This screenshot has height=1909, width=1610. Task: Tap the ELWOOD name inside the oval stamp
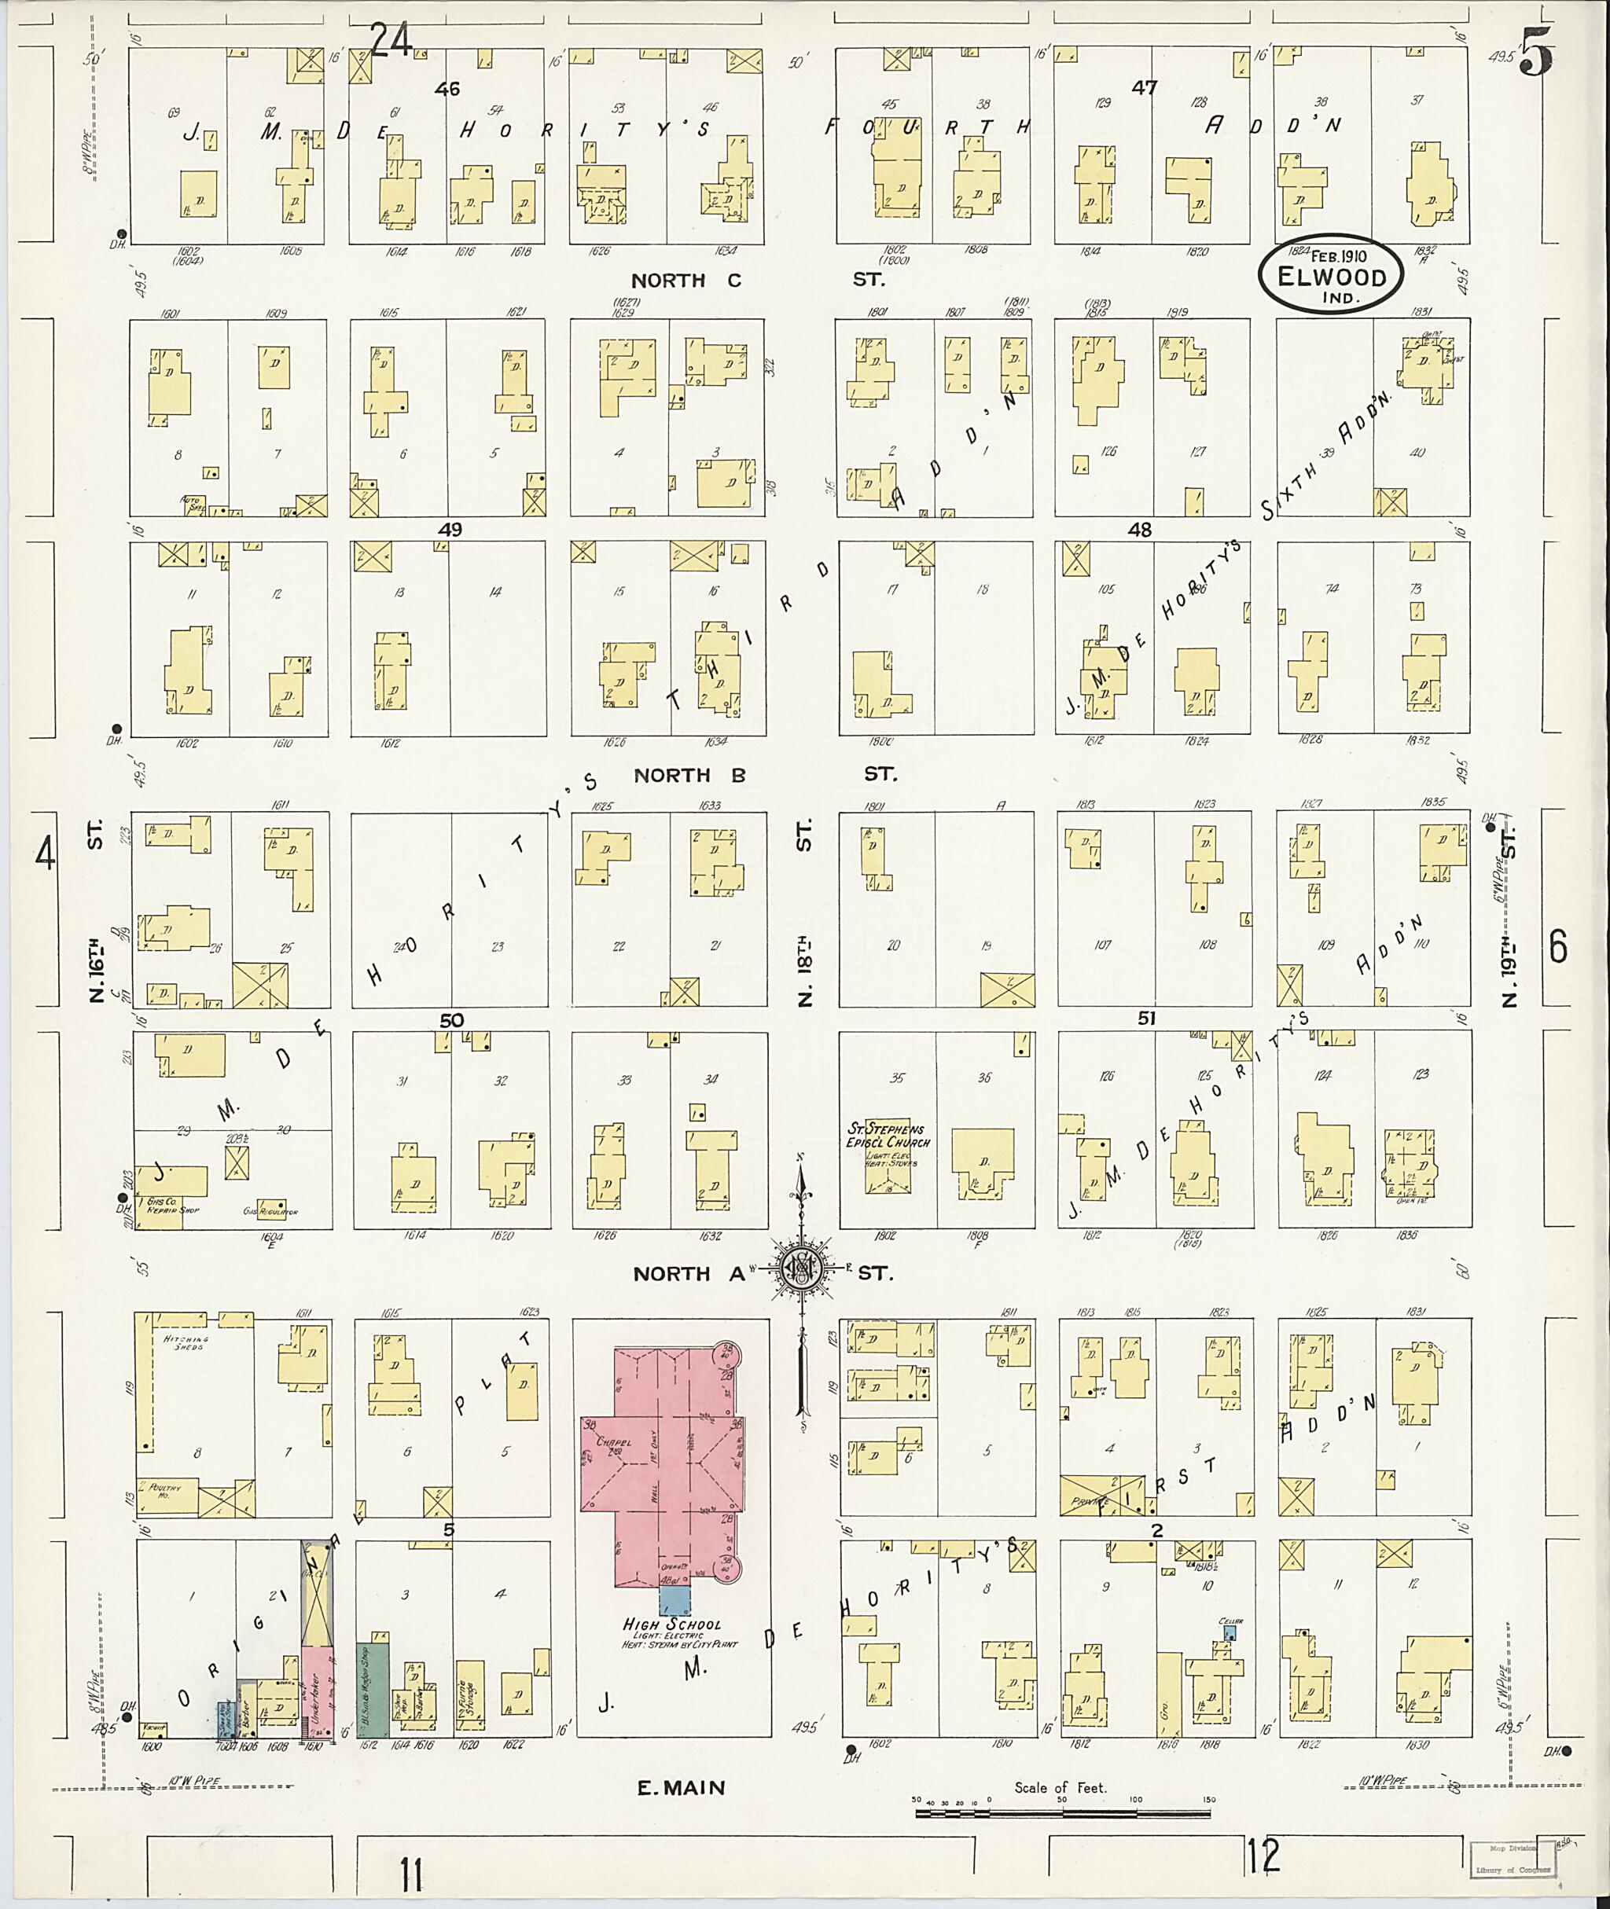1332,278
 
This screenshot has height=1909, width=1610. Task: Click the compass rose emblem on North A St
801,1269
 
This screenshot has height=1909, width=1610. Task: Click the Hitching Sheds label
187,1342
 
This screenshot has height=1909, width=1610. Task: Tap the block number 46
447,89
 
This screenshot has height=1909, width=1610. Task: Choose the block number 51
1146,1019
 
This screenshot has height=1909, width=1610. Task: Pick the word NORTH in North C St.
669,281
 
